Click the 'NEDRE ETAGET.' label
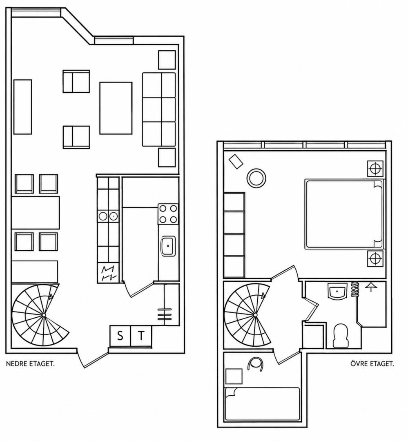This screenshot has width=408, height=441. point(30,364)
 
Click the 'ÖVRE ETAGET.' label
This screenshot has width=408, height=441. point(372,364)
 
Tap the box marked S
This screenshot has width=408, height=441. point(120,336)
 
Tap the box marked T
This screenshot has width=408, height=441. point(141,336)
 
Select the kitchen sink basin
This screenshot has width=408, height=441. point(168,246)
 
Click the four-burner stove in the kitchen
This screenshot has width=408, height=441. point(168,214)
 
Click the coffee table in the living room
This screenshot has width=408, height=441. point(116,108)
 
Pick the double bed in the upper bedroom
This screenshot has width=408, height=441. point(344,214)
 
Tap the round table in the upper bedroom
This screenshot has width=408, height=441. point(256,178)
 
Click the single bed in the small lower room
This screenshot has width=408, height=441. point(262,404)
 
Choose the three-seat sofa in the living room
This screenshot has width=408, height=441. point(159,109)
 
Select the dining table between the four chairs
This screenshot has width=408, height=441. point(36,213)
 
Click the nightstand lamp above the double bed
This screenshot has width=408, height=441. point(375,169)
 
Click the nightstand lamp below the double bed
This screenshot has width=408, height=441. point(375,258)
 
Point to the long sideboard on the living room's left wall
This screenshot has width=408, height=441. point(22,107)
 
